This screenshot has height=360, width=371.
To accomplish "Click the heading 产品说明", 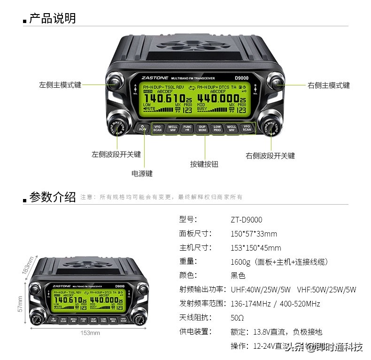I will [x=52, y=19].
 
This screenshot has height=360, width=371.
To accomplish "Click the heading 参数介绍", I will [x=52, y=197].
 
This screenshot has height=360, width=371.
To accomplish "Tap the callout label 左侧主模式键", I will [x=60, y=85].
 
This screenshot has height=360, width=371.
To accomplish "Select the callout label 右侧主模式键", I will [x=328, y=85].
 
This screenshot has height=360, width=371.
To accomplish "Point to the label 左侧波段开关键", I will [x=116, y=154].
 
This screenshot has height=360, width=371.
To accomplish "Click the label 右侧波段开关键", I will [x=270, y=155].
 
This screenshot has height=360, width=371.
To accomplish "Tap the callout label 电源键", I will [x=142, y=173].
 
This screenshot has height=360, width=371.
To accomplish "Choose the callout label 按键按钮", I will [x=204, y=164].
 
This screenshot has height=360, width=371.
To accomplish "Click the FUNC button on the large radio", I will [x=187, y=128].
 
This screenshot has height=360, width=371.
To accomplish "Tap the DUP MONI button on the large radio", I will [x=202, y=128].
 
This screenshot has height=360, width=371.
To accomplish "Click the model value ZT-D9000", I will [x=246, y=220].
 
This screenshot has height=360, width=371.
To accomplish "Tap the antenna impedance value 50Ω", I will [x=237, y=318].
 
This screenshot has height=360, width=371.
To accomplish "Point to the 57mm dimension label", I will [x=20, y=304].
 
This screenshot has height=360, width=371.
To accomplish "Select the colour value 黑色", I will [x=238, y=276].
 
